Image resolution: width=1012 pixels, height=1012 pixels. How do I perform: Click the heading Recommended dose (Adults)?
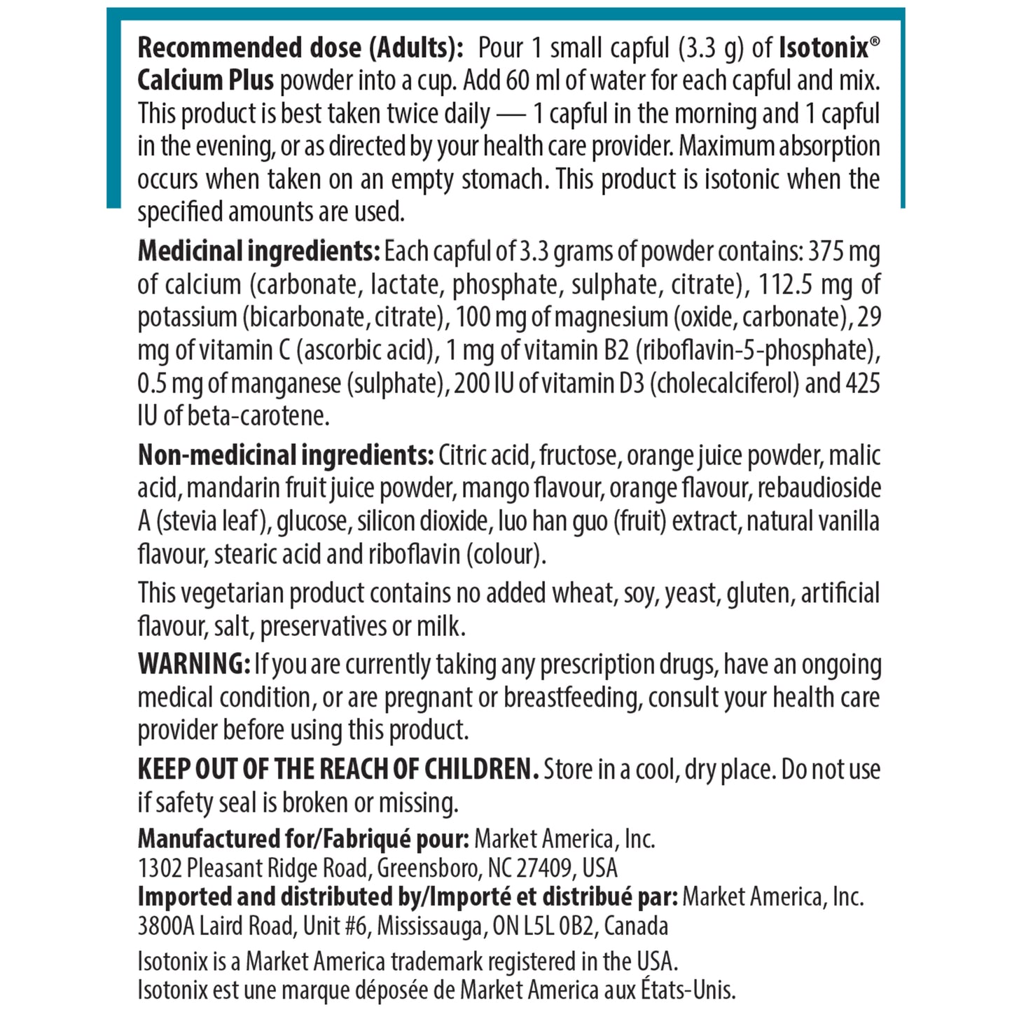[x=300, y=48]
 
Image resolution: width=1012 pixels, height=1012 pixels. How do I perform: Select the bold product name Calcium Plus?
[x=205, y=81]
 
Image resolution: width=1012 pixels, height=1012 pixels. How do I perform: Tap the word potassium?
[x=186, y=317]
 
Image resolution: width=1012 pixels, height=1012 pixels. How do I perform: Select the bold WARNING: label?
[x=193, y=663]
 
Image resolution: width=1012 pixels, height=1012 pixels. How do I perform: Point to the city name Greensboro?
[x=427, y=868]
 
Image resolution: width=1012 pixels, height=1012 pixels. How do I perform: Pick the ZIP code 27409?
[x=543, y=868]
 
